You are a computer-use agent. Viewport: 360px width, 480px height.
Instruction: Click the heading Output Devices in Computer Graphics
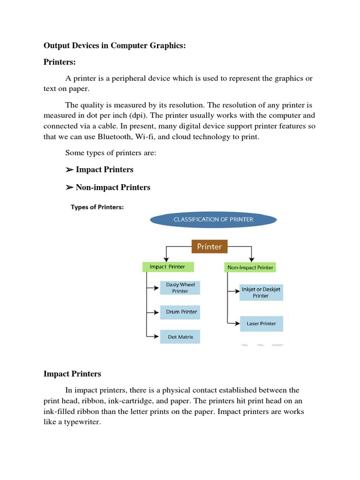(x=115, y=45)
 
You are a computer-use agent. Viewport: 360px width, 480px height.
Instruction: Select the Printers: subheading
(x=60, y=62)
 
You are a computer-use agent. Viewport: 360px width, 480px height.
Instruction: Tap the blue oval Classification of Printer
(x=213, y=219)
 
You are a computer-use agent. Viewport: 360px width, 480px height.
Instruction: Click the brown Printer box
(x=210, y=246)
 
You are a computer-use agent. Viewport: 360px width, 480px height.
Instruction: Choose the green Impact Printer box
(x=167, y=267)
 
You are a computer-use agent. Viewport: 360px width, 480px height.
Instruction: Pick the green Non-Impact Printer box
(x=250, y=267)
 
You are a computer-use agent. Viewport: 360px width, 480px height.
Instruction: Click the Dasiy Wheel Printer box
(x=180, y=288)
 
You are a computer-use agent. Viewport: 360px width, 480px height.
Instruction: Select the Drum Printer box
(x=181, y=312)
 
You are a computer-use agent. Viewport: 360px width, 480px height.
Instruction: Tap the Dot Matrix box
(x=180, y=337)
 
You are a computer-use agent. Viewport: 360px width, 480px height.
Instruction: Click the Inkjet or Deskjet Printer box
(x=261, y=292)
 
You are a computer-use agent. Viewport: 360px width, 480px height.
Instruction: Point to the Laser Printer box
(x=261, y=323)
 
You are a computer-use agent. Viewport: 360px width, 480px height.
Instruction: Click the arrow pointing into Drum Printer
(x=154, y=312)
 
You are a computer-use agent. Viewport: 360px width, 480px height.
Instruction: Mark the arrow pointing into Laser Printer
(x=234, y=323)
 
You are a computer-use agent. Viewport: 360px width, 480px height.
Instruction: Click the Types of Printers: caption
(x=97, y=207)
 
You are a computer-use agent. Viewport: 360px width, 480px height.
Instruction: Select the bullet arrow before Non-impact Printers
(x=69, y=187)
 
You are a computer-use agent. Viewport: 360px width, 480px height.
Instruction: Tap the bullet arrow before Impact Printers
(x=69, y=170)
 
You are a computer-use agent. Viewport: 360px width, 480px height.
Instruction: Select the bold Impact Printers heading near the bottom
(x=72, y=374)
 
